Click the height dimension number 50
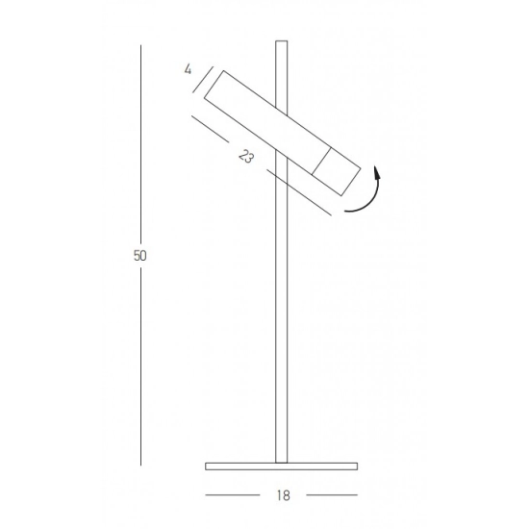(140, 256)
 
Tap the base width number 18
(284, 495)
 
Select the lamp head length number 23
(246, 157)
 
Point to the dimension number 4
(188, 69)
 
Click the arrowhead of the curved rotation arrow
(377, 173)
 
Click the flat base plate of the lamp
(282, 466)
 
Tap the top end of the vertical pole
(282, 41)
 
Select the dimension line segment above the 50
(140, 144)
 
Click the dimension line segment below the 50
(140, 366)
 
